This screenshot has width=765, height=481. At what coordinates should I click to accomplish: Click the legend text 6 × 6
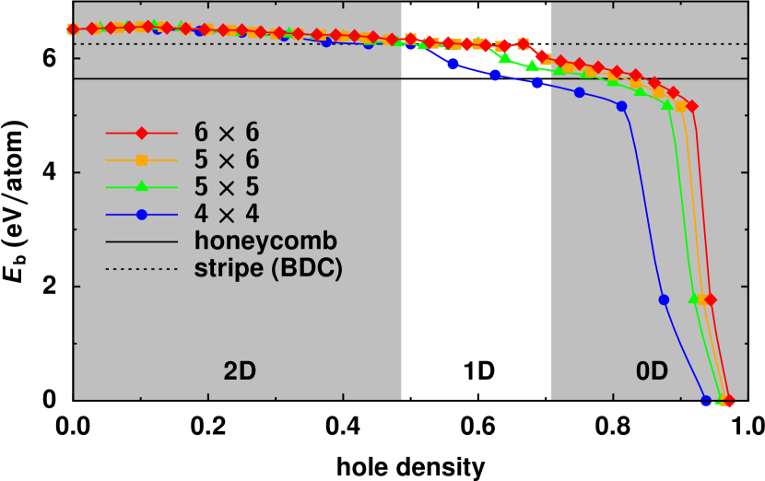click(227, 133)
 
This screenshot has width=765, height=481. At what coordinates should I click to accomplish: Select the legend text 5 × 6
click(227, 159)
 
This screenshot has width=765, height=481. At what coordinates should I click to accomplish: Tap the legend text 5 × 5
click(227, 187)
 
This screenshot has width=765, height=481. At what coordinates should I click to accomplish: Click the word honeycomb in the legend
click(265, 241)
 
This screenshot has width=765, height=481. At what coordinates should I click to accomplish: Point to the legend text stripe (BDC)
click(268, 268)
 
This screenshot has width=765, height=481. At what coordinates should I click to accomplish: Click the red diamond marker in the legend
click(142, 133)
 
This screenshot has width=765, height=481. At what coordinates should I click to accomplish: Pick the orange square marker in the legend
click(142, 159)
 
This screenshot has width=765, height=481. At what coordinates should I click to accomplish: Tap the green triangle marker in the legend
click(142, 187)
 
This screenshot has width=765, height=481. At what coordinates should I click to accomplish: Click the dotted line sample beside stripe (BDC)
click(142, 268)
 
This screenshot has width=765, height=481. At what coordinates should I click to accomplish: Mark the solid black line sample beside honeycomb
click(142, 241)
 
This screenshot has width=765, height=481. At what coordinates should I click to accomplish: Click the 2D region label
click(240, 371)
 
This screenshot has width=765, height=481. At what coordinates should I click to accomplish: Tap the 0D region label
click(652, 371)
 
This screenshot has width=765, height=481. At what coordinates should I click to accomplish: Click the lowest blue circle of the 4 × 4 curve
click(707, 401)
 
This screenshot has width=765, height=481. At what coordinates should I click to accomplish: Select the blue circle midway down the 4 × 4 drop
click(664, 299)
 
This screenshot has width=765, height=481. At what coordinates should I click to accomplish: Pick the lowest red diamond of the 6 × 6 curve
click(728, 401)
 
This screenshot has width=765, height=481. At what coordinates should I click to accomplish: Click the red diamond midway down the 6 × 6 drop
click(711, 299)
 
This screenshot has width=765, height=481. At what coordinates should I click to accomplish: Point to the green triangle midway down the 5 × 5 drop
click(694, 299)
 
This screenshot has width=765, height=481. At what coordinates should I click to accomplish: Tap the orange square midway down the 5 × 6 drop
click(702, 299)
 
